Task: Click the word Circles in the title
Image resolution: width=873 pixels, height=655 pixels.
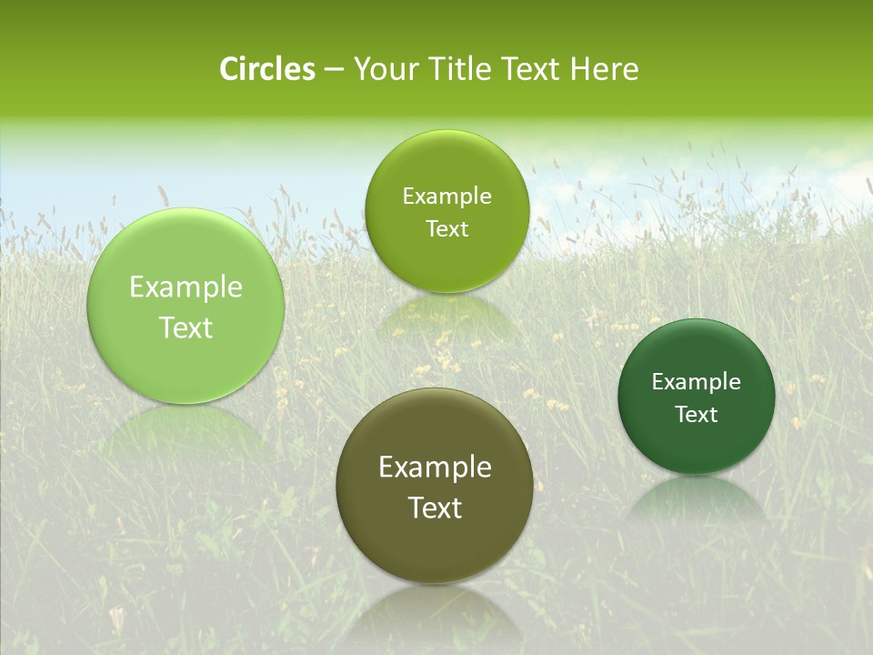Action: (x=267, y=69)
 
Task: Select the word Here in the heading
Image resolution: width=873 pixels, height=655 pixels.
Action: (x=604, y=69)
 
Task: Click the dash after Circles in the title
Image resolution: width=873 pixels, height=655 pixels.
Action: (x=334, y=70)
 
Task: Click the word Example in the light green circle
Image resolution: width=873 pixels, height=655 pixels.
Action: (x=186, y=287)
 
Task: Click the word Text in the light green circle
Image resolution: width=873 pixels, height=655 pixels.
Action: (x=186, y=327)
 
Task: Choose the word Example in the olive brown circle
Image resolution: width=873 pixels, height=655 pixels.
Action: (x=435, y=468)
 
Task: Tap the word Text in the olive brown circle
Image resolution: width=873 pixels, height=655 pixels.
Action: (x=435, y=508)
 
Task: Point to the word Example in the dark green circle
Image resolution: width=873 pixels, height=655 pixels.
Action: (x=697, y=382)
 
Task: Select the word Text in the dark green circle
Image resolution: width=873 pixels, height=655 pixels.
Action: (x=697, y=415)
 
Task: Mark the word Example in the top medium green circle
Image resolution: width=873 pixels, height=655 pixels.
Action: (x=447, y=196)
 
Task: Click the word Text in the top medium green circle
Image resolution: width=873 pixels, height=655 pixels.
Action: (x=447, y=229)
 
